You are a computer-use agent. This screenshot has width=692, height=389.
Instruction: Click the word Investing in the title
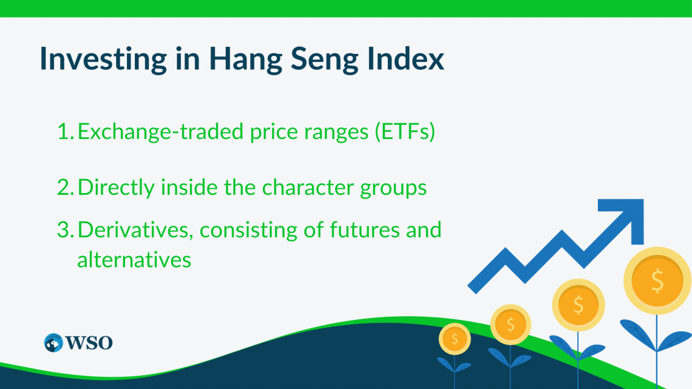tap(104, 59)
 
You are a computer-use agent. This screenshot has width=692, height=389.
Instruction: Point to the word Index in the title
tap(405, 58)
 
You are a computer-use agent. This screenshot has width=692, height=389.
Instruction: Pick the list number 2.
tap(66, 188)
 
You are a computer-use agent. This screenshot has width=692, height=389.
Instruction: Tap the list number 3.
tap(66, 230)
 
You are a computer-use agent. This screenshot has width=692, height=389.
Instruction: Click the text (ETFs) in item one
tap(405, 132)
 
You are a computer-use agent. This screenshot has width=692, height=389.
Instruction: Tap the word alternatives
tap(134, 259)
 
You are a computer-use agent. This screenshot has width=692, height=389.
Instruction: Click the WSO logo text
tap(89, 343)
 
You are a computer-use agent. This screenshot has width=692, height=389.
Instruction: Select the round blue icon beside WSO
tap(53, 343)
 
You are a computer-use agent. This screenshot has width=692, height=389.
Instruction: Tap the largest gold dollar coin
tap(657, 280)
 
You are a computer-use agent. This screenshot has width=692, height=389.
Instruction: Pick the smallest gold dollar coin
tap(455, 339)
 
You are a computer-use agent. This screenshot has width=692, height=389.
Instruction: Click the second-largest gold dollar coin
tap(578, 305)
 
